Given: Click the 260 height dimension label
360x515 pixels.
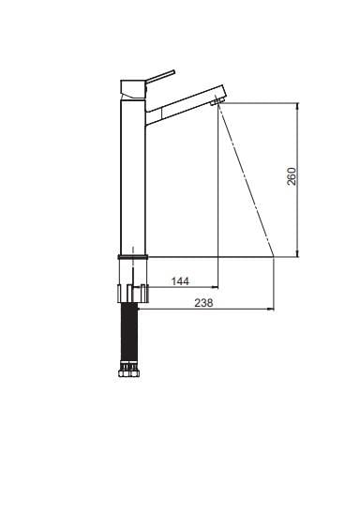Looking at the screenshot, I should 292,176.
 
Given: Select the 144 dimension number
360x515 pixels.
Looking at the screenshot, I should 180,280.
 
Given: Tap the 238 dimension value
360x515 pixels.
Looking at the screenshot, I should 202,302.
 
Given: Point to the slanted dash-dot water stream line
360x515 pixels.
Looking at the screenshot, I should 246,178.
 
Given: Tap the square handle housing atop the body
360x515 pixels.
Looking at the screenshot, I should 132,87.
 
